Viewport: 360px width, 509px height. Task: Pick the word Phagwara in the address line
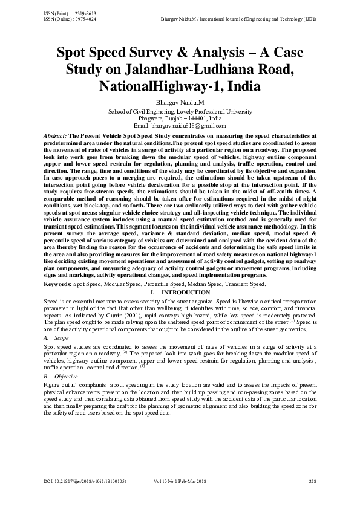[x=152, y=118]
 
